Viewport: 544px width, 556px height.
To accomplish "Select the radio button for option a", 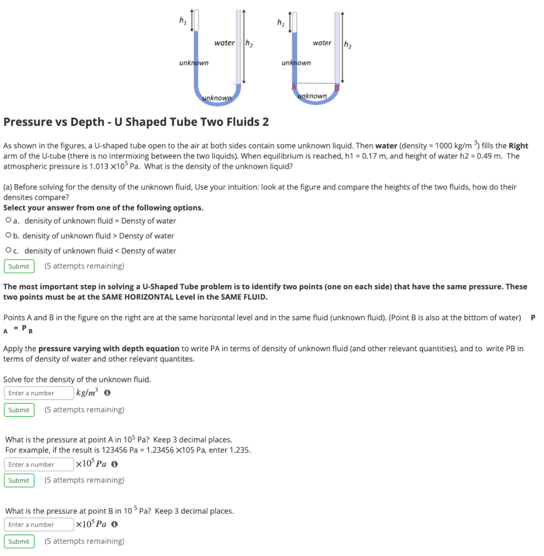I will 8,221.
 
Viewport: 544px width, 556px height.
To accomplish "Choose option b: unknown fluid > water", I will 8,236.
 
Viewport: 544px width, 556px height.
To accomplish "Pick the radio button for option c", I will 8,251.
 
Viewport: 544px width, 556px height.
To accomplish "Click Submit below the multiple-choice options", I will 19,266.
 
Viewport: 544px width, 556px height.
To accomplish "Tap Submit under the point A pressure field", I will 19,481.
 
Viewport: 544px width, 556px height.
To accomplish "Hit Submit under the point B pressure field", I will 19,541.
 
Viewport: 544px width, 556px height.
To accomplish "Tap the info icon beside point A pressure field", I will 115,464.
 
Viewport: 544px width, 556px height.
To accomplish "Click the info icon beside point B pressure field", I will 115,525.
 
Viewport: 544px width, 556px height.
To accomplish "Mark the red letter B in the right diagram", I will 337,87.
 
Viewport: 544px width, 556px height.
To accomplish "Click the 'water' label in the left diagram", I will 225,43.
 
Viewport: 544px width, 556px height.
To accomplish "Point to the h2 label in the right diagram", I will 348,45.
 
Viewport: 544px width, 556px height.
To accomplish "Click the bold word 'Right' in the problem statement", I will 519,146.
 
